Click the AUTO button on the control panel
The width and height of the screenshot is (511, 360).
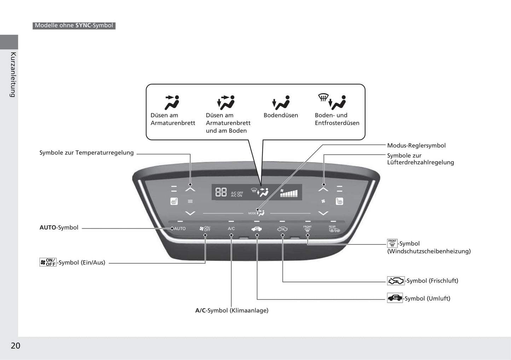[x=180, y=229]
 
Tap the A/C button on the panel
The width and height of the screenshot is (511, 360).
[x=231, y=229]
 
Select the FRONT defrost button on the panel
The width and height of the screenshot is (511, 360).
[x=307, y=229]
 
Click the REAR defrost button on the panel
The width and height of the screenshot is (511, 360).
[x=334, y=229]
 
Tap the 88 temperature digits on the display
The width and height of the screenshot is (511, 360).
[x=221, y=192]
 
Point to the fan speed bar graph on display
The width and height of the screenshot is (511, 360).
[x=289, y=193]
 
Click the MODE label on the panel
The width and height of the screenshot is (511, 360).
[x=252, y=213]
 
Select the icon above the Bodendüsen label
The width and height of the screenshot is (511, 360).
[x=281, y=102]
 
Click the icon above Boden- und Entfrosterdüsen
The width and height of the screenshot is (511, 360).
[x=332, y=101]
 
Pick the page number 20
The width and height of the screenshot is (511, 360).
[x=16, y=346]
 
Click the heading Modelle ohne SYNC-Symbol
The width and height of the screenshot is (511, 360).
[x=74, y=25]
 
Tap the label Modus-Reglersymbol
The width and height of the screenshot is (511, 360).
[x=416, y=145]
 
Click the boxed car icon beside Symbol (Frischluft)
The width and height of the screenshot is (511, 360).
[x=396, y=281]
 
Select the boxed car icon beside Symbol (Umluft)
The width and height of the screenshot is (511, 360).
[x=395, y=298]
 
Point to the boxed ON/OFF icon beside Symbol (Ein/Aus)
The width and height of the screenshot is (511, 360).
[x=48, y=262]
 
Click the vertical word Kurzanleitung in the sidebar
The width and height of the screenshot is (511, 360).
[x=13, y=75]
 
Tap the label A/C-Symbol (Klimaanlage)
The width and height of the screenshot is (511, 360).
[x=232, y=311]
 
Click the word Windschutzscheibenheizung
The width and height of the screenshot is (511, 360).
[x=429, y=251]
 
